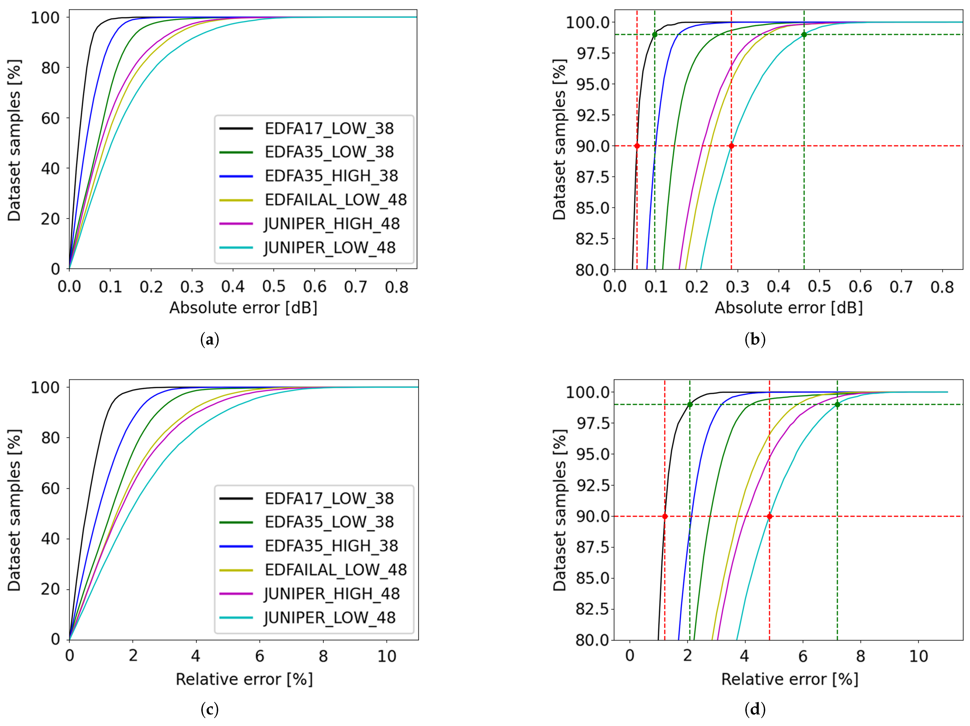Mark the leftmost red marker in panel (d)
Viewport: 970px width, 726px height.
[x=665, y=516]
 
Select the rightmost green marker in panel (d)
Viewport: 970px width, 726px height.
[x=837, y=404]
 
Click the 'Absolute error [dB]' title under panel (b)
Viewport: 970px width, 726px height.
[x=788, y=308]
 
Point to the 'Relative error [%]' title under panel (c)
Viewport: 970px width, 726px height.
[x=244, y=679]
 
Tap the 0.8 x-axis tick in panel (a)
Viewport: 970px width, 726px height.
[x=396, y=287]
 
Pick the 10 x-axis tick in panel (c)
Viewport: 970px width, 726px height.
[x=387, y=656]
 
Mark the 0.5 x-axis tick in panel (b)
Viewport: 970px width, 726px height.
[x=819, y=287]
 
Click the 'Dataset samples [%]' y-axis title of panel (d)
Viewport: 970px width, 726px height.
[x=560, y=510]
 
